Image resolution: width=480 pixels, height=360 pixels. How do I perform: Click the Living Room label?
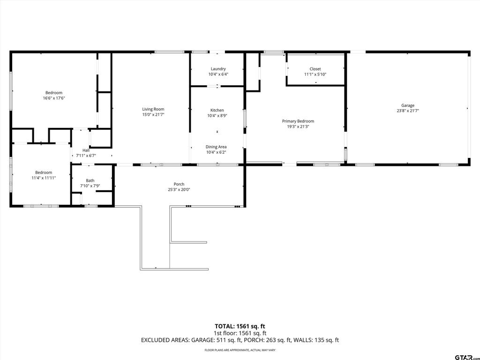click(153, 109)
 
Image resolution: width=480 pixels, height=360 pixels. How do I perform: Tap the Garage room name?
click(408, 105)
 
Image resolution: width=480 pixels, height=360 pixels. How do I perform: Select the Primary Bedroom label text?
click(298, 121)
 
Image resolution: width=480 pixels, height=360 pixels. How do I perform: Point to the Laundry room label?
click(218, 69)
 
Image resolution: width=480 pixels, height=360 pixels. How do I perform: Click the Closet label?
click(315, 69)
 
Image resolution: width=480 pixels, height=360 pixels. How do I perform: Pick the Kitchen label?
click(217, 110)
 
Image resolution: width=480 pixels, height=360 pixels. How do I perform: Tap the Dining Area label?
click(216, 147)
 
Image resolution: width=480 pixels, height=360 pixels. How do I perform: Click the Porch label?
click(179, 184)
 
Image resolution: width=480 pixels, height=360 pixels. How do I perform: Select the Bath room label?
click(90, 180)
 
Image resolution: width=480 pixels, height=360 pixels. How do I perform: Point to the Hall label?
click(86, 150)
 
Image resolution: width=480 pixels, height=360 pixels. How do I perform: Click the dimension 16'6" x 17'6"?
click(54, 98)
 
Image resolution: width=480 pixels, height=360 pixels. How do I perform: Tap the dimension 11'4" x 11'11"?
click(44, 178)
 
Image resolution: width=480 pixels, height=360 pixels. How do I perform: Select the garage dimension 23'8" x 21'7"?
click(408, 111)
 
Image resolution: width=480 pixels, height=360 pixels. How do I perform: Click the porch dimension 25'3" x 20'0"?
click(179, 189)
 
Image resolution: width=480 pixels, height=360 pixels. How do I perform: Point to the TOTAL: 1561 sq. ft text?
click(240, 326)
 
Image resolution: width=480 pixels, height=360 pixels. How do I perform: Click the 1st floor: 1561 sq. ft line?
click(240, 333)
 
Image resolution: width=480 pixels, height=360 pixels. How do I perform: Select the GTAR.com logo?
click(467, 357)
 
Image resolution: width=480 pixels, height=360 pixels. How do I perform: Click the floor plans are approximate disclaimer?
click(240, 350)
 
